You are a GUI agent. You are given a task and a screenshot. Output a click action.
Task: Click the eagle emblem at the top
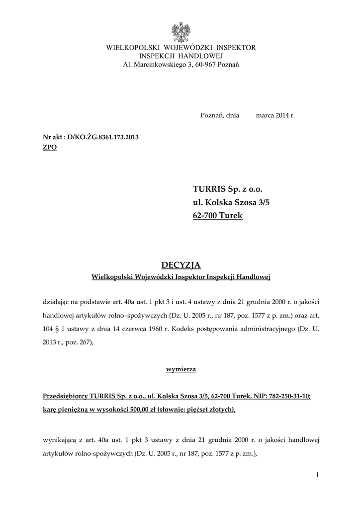pos(180,32)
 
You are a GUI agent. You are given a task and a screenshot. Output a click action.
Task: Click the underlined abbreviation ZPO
pos(50,148)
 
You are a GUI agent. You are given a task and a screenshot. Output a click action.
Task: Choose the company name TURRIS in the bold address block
pos(209,190)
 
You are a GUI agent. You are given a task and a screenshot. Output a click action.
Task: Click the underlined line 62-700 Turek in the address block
pos(217,216)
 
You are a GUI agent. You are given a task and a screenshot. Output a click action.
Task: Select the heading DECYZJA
pos(180,264)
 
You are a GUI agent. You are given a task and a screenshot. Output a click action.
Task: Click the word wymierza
pos(180,369)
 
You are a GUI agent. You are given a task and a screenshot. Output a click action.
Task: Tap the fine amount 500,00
pos(142,410)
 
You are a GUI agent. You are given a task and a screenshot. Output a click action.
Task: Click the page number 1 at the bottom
pos(317,476)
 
